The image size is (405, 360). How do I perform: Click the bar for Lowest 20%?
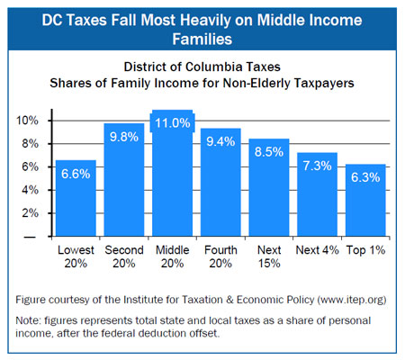click(76, 198)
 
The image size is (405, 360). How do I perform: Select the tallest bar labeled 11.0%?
click(173, 173)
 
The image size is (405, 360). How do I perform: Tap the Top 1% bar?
click(365, 200)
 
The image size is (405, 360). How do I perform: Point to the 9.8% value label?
click(124, 137)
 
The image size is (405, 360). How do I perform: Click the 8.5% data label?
click(269, 152)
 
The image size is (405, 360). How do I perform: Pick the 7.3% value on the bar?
click(317, 166)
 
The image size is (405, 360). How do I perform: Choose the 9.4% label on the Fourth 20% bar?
click(220, 141)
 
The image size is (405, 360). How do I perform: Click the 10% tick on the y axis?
click(27, 121)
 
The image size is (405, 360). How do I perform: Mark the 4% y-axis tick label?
click(30, 190)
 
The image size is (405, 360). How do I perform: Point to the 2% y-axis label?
click(30, 213)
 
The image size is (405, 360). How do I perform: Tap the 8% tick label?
click(30, 144)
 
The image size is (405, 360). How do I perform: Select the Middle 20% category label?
click(173, 256)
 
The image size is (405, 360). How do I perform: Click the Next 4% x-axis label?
click(317, 250)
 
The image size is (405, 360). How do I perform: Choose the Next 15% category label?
click(269, 256)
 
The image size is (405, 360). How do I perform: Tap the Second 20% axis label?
click(124, 256)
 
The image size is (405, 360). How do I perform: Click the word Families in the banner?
click(202, 40)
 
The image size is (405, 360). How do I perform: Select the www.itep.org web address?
click(352, 300)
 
